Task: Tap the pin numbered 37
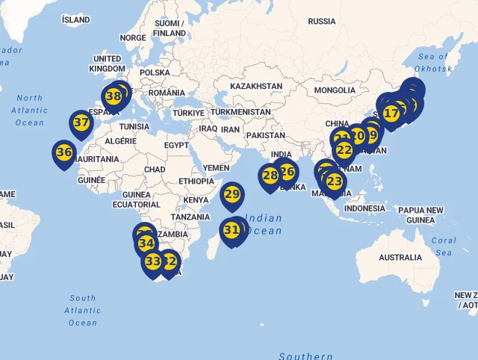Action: (81, 122)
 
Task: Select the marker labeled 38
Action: (114, 96)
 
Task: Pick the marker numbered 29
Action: (232, 195)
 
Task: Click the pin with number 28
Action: (270, 176)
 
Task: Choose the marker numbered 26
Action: (288, 171)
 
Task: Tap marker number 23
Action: (335, 181)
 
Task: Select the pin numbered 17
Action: (391, 114)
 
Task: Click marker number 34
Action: (146, 243)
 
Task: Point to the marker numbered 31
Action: (232, 230)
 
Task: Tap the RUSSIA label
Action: (322, 21)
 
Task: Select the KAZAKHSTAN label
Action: (256, 87)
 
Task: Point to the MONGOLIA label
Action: (335, 90)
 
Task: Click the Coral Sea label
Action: (444, 246)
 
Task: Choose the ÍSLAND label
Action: (75, 19)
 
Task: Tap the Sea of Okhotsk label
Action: (433, 63)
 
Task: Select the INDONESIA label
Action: (364, 208)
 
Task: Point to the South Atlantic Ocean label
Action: (83, 310)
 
